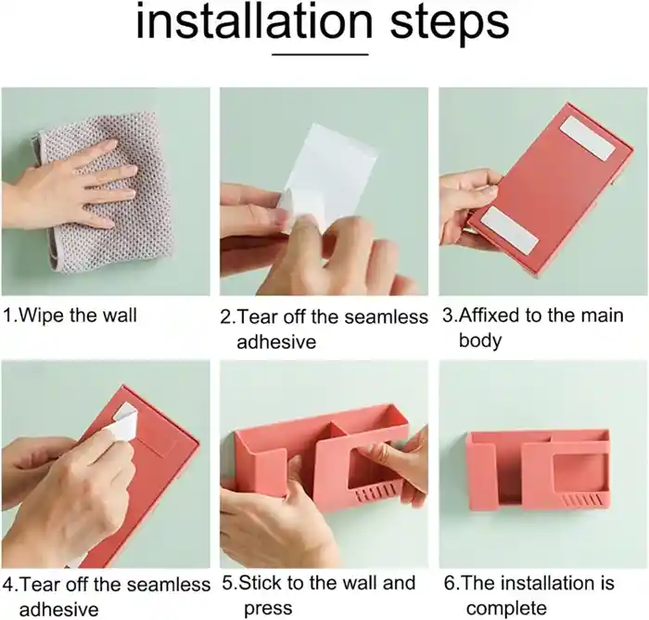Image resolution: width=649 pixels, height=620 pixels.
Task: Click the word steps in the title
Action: point(450,25)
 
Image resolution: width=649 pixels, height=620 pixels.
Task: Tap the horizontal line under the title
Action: point(321,54)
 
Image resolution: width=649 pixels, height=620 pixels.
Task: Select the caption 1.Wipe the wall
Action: point(70,316)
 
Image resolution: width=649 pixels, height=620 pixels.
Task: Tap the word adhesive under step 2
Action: point(276,342)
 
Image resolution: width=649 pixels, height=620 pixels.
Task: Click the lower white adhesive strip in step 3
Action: point(510,230)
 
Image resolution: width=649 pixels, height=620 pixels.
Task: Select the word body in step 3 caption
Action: point(479,341)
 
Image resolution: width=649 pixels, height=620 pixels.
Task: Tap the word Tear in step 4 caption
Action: point(41,585)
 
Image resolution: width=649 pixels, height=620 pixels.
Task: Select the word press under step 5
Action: point(268,609)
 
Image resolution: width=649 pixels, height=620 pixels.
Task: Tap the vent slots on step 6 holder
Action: point(583,500)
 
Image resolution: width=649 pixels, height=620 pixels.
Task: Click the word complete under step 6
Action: point(506,609)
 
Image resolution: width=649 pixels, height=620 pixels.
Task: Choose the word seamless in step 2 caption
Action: point(386,317)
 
